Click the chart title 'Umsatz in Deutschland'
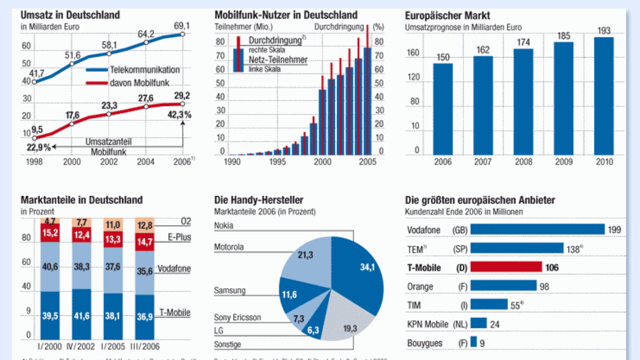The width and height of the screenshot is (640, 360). pos(70,15)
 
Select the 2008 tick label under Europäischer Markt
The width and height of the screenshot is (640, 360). pos(523,162)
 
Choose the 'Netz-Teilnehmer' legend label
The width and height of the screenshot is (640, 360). pos(278,60)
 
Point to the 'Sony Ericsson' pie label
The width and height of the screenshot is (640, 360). pos(237,317)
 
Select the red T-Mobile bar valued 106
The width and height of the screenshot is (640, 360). pos(506,267)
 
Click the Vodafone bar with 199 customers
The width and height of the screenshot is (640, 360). pos(537,230)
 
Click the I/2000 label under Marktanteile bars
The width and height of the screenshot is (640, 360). pos(51,347)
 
